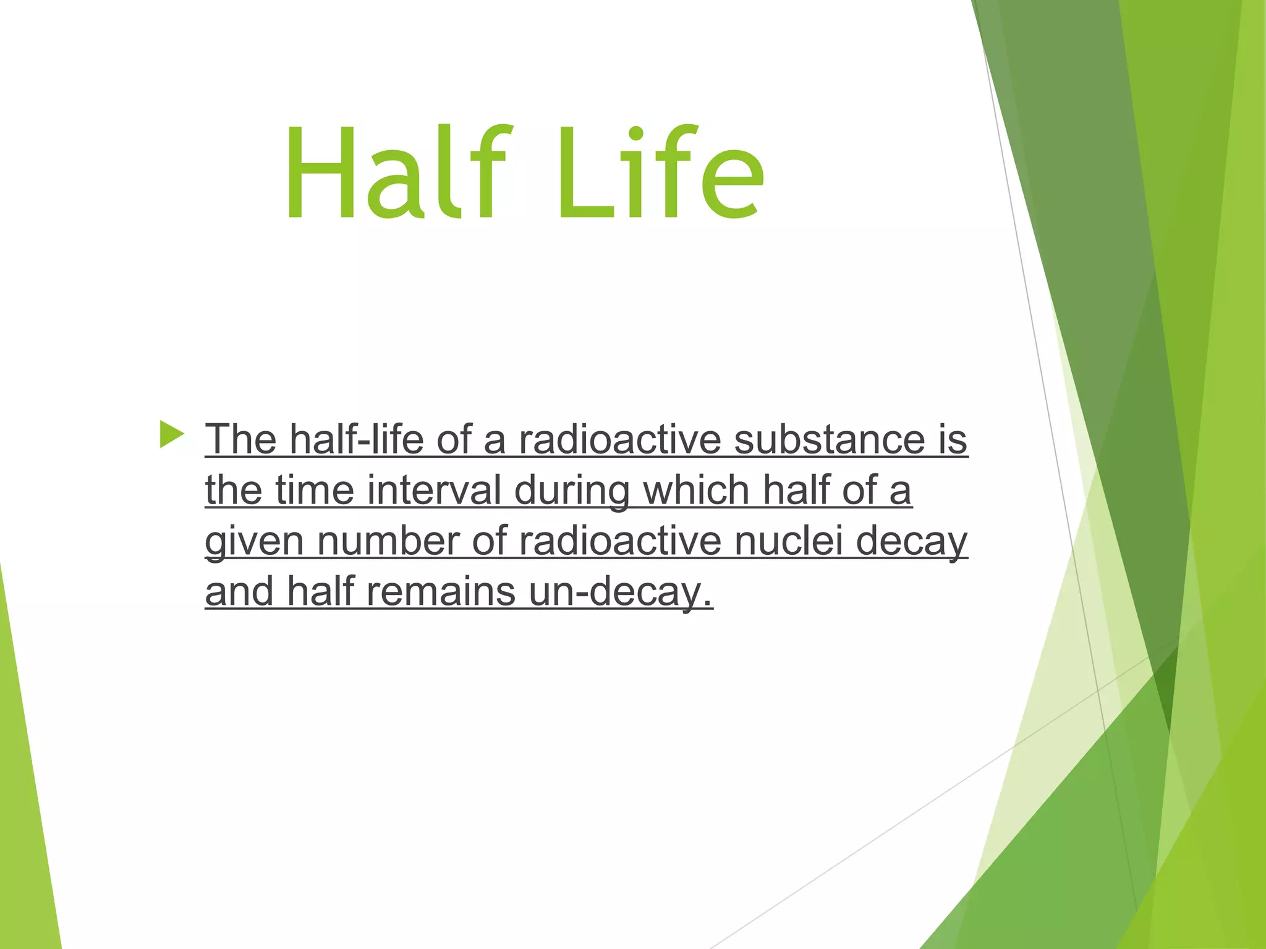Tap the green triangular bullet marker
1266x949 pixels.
click(171, 434)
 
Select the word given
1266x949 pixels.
click(254, 542)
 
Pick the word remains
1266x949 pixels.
click(441, 591)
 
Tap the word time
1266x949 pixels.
click(314, 490)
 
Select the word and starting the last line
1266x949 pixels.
click(239, 591)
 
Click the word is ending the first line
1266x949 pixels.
click(953, 439)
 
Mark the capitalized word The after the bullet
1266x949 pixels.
click(240, 439)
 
